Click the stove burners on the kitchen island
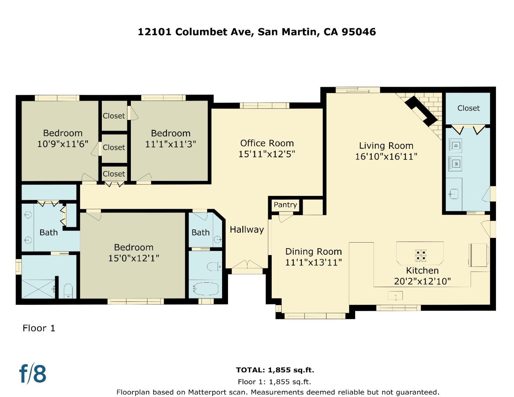(421, 255)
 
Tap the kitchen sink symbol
(395, 296)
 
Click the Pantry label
(285, 205)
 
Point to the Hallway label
(247, 230)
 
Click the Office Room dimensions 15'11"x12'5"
(267, 154)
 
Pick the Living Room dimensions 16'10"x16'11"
(386, 157)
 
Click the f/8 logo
(33, 373)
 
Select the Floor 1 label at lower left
(39, 328)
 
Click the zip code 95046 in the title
(359, 32)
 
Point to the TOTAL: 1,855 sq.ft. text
(275, 370)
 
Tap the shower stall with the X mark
(38, 289)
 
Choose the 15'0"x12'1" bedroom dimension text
(133, 258)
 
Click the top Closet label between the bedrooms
(114, 116)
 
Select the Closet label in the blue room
(468, 108)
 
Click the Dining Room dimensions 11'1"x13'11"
(314, 262)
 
